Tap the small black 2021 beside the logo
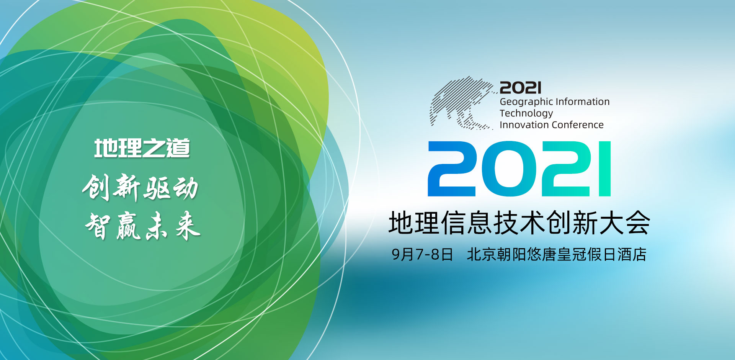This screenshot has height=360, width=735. pos(521,88)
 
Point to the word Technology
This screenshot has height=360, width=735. pos(526,114)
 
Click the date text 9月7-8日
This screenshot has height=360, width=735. pos(422,255)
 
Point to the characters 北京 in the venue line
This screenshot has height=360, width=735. pos(481,255)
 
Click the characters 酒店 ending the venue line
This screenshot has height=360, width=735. pos(632,255)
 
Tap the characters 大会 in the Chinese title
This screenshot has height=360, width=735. pos(625,223)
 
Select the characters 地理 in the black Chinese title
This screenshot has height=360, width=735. pos(414,223)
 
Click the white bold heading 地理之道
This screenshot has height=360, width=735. pos(142,148)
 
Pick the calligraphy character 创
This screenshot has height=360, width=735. pos(96,187)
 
